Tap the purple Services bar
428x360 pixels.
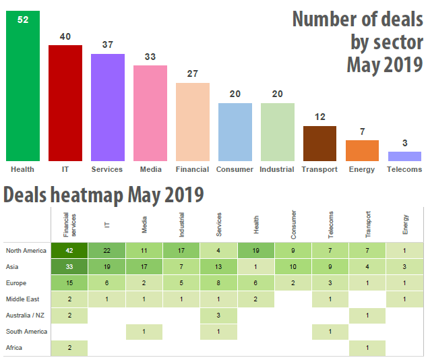click(108, 107)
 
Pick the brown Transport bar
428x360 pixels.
click(319, 143)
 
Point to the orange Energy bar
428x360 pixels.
click(362, 150)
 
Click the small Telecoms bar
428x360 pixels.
click(404, 156)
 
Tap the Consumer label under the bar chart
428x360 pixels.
click(235, 169)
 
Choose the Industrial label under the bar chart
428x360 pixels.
click(277, 169)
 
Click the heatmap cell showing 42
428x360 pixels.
click(69, 251)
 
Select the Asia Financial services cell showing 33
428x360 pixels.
click(69, 266)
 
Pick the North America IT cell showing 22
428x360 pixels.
click(106, 251)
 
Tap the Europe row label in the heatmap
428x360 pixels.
click(18, 283)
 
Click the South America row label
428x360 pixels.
click(26, 332)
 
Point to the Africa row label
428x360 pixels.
click(14, 348)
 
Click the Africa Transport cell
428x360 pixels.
click(368, 348)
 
